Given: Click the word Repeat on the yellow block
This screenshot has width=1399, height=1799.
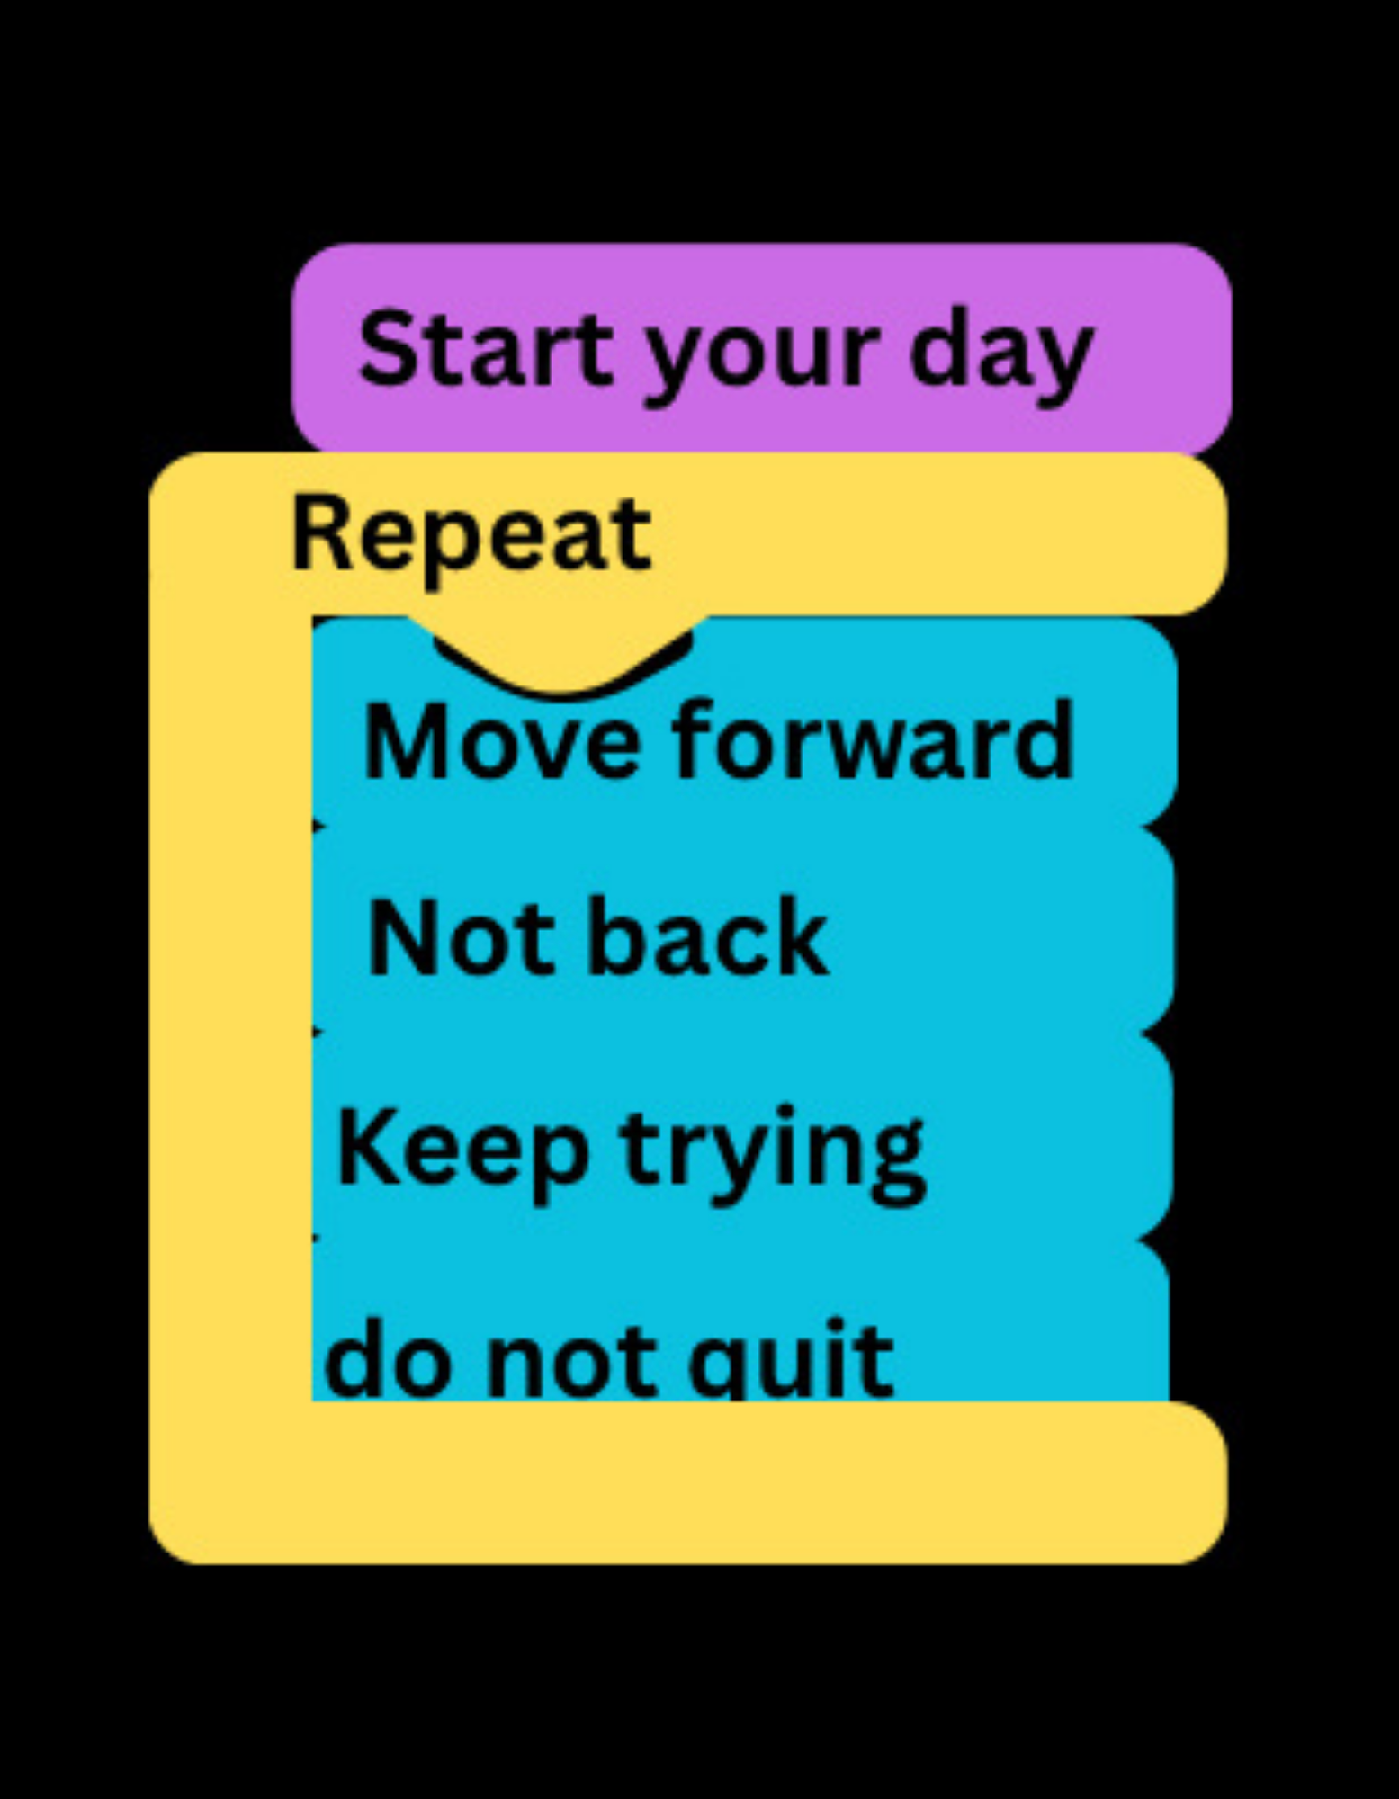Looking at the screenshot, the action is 471,537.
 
